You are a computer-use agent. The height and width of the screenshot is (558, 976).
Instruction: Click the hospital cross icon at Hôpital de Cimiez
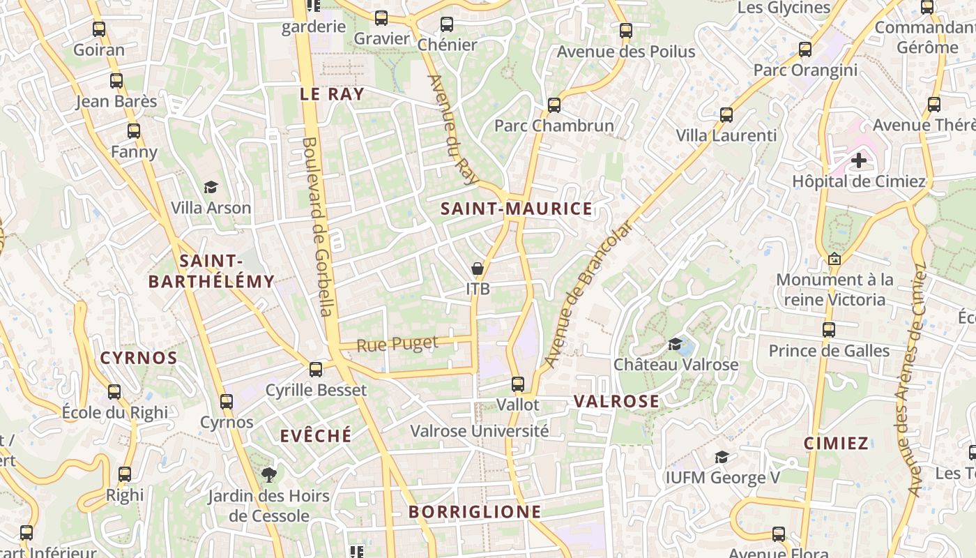tap(859, 160)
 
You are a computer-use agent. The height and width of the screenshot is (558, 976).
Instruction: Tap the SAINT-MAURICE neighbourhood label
tap(517, 209)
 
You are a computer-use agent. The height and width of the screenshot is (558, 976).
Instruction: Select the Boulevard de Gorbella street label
tap(317, 226)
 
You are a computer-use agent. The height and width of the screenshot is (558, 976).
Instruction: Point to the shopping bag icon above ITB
tap(478, 269)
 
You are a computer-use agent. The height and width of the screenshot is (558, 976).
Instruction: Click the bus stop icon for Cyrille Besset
tap(316, 369)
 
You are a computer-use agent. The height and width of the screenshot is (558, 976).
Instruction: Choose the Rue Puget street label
tap(397, 343)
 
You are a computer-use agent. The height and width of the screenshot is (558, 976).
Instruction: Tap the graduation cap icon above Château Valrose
tap(675, 344)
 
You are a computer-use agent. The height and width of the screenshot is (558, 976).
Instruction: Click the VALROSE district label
tap(616, 401)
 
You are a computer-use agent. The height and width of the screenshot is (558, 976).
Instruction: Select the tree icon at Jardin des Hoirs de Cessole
tap(268, 475)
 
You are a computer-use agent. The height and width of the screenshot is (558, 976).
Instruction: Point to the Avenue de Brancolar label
tap(588, 294)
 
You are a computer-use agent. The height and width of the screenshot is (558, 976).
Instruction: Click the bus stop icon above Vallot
tap(517, 384)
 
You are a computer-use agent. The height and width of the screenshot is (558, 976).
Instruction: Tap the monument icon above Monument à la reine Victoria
tap(834, 259)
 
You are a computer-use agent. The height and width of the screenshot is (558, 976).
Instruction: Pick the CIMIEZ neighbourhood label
tap(837, 443)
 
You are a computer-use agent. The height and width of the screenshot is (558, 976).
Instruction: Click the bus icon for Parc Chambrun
tap(554, 105)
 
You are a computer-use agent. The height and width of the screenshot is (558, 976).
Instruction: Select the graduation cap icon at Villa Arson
tap(211, 187)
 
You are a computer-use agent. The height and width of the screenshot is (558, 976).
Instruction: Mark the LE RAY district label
tap(332, 94)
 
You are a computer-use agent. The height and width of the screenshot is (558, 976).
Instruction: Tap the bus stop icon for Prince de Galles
tap(829, 329)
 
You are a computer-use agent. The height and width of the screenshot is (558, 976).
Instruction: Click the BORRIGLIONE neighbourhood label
tap(475, 512)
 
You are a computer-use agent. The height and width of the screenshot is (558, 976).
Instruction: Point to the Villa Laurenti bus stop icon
tap(726, 114)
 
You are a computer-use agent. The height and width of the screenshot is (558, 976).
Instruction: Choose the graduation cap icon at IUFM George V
tap(722, 457)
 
